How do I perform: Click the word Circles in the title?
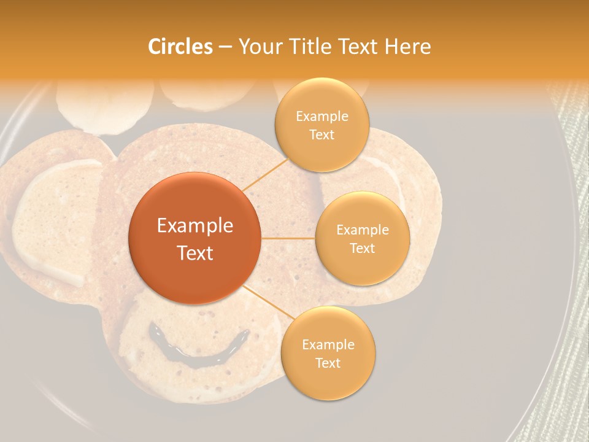point(180,47)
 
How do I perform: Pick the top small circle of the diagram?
point(321,125)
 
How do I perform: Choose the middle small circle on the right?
point(362,238)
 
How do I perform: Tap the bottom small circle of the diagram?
point(328,353)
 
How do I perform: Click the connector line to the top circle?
point(264,174)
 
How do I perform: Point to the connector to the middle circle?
point(288,238)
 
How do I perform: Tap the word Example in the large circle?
point(195,226)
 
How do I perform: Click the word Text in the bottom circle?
point(328,363)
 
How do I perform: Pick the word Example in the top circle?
point(321,116)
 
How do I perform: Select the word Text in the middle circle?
point(362,248)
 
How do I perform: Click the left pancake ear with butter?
point(49,221)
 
